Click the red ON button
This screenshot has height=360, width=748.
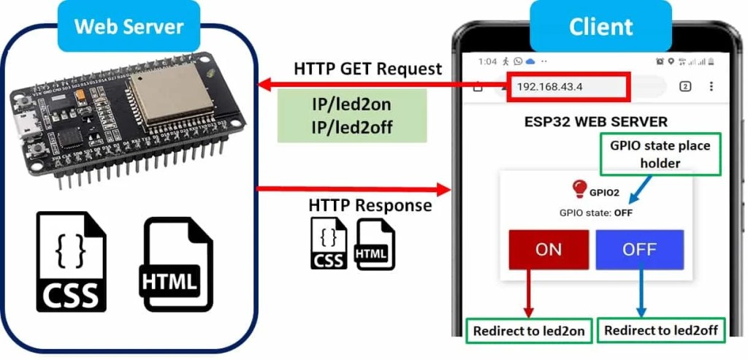[x=549, y=250]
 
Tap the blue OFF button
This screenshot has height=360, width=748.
[x=639, y=250]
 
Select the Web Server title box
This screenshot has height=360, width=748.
[x=129, y=26]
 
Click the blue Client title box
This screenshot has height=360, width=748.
[x=600, y=26]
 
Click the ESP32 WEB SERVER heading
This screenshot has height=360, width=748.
[x=595, y=121]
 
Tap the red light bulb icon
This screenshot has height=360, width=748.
[x=579, y=189]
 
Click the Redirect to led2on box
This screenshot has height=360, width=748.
[x=529, y=331]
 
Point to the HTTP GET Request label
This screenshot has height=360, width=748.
[x=367, y=69]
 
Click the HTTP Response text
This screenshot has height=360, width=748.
[x=370, y=206]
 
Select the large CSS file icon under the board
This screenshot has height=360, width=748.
[x=71, y=261]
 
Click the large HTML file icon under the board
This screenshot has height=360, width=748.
[x=178, y=264]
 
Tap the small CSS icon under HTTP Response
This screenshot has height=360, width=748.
[x=328, y=243]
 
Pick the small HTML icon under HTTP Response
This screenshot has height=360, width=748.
[x=374, y=244]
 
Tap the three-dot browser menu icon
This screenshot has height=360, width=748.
[x=711, y=86]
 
